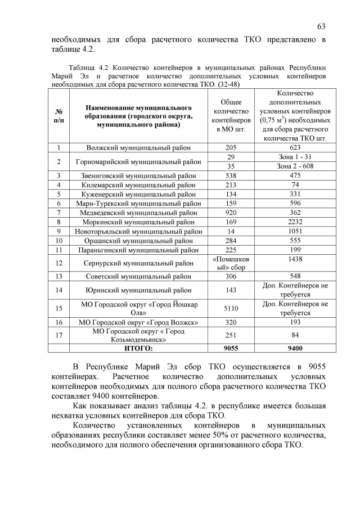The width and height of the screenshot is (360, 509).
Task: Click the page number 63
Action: (x=321, y=26)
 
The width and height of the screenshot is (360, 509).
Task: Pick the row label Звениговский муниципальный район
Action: (x=138, y=175)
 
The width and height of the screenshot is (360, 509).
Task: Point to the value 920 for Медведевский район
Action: (x=231, y=213)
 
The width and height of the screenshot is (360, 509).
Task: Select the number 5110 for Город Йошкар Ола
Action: (x=231, y=308)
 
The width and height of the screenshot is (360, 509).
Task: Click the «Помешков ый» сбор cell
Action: (x=231, y=263)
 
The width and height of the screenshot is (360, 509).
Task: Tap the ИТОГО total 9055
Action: (x=231, y=348)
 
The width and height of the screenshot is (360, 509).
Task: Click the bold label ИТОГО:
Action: (x=138, y=348)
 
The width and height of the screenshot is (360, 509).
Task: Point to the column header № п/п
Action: (x=59, y=115)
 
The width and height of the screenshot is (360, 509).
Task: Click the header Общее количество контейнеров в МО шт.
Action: (x=231, y=115)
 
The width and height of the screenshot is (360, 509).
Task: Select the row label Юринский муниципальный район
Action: (x=138, y=290)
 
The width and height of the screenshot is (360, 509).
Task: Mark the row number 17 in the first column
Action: (x=59, y=335)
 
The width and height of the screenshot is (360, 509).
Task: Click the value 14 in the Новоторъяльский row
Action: (x=231, y=231)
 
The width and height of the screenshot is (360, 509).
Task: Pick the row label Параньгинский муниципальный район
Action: (x=138, y=249)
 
